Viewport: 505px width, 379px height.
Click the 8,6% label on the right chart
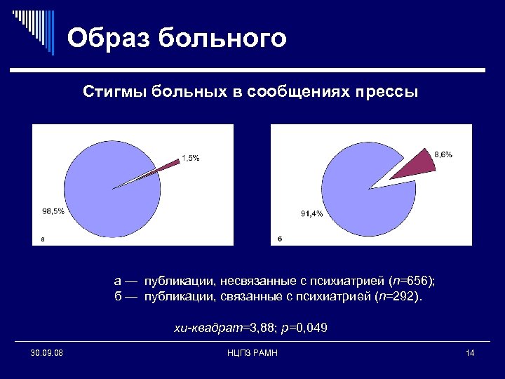pyautogui.click(x=443, y=154)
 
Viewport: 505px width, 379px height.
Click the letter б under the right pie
pyautogui.click(x=278, y=239)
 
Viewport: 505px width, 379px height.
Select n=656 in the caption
pyautogui.click(x=412, y=281)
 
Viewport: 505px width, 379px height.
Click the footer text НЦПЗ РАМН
pyautogui.click(x=253, y=352)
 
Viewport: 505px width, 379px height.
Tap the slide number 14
pyautogui.click(x=470, y=352)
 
